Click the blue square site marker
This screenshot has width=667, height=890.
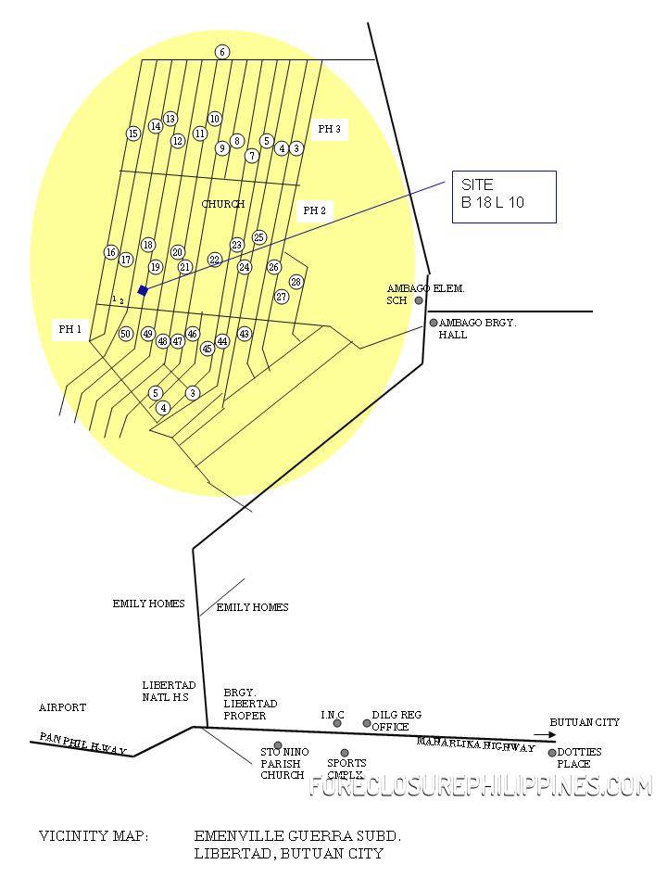tap(143, 290)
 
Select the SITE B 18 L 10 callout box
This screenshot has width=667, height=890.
tap(504, 197)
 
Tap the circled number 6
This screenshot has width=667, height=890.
tap(222, 52)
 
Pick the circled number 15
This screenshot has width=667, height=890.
tap(133, 133)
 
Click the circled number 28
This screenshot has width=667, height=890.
tap(296, 282)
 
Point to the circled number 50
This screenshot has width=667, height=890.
tap(126, 334)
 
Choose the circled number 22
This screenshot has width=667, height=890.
tap(215, 260)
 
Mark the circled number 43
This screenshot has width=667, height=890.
tap(245, 334)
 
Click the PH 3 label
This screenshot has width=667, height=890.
tap(330, 130)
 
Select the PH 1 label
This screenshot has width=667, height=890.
tap(70, 329)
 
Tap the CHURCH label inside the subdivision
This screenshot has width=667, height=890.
tap(223, 204)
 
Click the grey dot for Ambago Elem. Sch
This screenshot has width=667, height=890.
tap(419, 300)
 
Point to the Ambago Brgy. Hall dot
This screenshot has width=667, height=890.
tap(433, 323)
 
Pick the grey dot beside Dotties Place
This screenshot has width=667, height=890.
tap(552, 753)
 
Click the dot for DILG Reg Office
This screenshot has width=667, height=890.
tap(367, 723)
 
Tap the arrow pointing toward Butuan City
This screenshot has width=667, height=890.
tap(538, 734)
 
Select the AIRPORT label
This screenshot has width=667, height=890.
tap(62, 707)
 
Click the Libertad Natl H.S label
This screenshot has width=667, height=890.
tap(169, 692)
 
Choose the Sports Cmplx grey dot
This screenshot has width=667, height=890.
tap(345, 753)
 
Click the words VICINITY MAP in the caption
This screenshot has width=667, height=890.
tap(93, 836)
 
